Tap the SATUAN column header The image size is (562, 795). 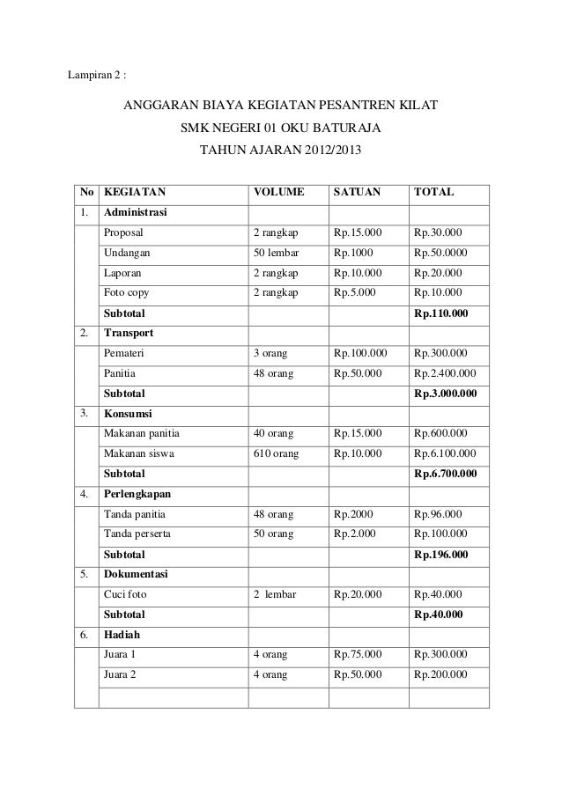click(x=356, y=191)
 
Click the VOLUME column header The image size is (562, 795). click(x=278, y=191)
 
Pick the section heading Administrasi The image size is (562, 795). click(x=136, y=212)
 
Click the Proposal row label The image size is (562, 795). click(x=124, y=233)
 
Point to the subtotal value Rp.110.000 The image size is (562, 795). click(x=440, y=313)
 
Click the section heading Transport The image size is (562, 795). click(x=129, y=334)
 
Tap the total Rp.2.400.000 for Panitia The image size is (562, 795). click(x=445, y=373)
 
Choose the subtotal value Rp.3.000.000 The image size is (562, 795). click(x=446, y=394)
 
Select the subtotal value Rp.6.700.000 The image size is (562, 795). click(x=446, y=475)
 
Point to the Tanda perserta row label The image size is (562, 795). click(x=137, y=534)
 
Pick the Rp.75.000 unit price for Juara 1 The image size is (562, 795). click(x=358, y=655)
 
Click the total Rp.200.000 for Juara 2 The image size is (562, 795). click(x=440, y=675)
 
